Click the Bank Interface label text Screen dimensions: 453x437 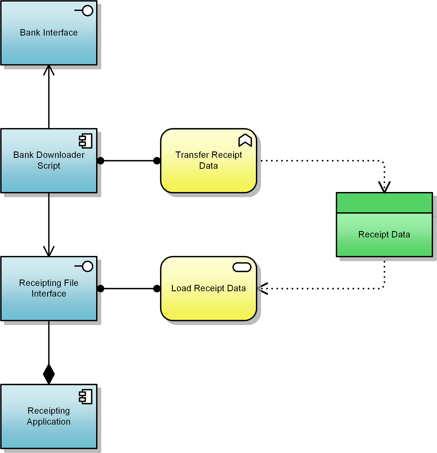(49, 32)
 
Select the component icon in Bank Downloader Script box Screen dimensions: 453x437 (86, 141)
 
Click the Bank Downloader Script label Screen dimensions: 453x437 (49, 160)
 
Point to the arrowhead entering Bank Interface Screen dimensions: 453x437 (49, 70)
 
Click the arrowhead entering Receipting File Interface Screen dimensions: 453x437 (49, 252)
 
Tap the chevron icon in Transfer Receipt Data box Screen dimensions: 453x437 (245, 140)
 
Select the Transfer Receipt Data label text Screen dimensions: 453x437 (209, 160)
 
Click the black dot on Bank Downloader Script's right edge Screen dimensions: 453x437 (101, 161)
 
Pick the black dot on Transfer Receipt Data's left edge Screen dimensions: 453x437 (157, 161)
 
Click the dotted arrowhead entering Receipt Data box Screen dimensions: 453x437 (384, 187)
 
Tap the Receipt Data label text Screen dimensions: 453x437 (384, 234)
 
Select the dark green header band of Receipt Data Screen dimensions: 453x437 (384, 203)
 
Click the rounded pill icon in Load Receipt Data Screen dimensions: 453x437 (242, 267)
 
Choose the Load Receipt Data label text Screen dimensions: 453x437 (209, 288)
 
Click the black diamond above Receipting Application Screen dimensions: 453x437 (49, 374)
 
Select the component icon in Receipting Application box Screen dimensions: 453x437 (86, 397)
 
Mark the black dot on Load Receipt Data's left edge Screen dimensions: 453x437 (157, 288)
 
